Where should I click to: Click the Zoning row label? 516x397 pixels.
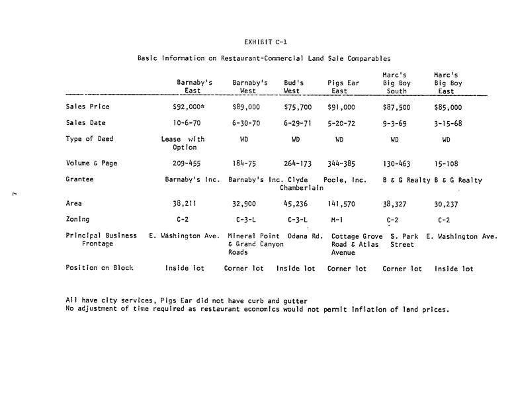tap(77, 219)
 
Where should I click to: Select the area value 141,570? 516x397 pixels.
tap(341, 204)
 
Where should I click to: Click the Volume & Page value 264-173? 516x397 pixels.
tap(297, 163)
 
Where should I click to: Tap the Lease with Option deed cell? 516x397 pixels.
tap(183, 143)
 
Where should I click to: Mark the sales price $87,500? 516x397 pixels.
tap(396, 107)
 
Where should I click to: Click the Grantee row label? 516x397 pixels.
tap(80, 179)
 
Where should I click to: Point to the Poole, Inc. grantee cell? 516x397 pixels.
tap(345, 180)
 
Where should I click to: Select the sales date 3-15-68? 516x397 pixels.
tap(448, 123)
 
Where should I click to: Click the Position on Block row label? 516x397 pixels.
tap(99, 268)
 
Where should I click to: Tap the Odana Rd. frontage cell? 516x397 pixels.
tap(305, 236)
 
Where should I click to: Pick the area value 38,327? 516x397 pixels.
tap(396, 204)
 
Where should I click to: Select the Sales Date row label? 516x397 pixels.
tap(86, 123)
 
